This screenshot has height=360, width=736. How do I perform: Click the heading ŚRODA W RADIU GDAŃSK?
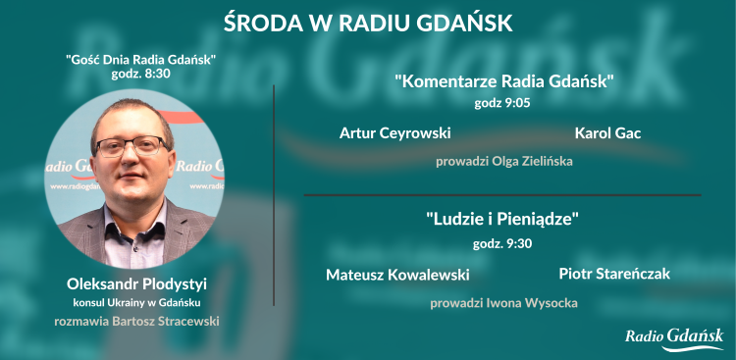click(367, 22)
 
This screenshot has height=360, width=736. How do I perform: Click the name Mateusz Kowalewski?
click(397, 275)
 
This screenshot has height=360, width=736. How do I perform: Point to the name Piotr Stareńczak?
click(614, 274)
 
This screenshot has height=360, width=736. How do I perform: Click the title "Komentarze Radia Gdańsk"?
click(503, 81)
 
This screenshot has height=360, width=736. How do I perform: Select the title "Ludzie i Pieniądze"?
click(502, 220)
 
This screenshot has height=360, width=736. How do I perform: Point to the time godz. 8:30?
click(141, 74)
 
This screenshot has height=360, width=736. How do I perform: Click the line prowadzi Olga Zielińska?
click(503, 161)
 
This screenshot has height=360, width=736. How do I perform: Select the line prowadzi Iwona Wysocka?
click(503, 303)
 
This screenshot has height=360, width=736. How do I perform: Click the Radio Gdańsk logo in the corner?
click(674, 337)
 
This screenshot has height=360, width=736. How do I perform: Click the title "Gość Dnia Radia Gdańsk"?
click(141, 60)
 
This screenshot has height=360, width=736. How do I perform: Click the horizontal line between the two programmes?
click(502, 195)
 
